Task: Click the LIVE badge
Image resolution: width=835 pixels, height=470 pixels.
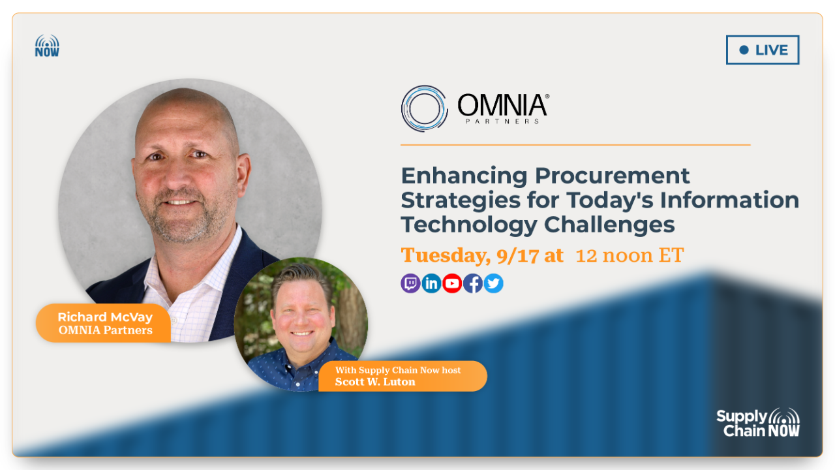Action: [762, 50]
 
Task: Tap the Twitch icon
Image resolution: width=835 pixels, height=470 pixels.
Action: [410, 283]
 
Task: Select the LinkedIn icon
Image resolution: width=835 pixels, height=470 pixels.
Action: [431, 283]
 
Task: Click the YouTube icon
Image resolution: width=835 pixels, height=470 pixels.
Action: [452, 283]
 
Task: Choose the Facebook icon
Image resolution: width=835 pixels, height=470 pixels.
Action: [473, 283]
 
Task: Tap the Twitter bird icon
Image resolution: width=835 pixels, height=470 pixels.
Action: [494, 283]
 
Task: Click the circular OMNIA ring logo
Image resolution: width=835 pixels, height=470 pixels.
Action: [424, 108]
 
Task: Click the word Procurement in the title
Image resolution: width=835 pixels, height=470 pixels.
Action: [612, 175]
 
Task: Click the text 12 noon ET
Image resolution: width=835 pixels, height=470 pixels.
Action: [630, 255]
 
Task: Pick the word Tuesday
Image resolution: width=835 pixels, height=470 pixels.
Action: [445, 255]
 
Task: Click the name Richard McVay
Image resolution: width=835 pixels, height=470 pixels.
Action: [105, 317]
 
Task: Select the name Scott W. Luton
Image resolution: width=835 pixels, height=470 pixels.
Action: [375, 382]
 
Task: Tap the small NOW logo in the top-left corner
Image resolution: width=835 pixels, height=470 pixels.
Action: [47, 46]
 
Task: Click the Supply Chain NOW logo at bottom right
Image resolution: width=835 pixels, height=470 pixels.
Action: [758, 422]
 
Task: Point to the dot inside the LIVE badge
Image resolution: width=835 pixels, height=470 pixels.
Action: [744, 50]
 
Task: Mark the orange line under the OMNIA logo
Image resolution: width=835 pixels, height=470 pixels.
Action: [575, 145]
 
